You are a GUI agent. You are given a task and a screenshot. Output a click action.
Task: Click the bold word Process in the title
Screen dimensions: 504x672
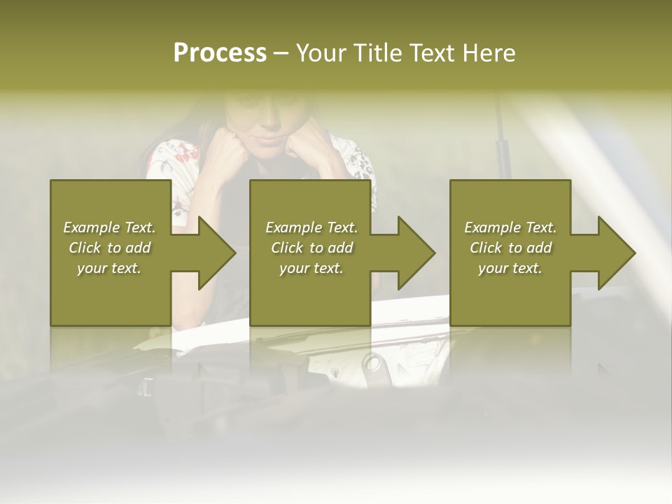[x=220, y=53]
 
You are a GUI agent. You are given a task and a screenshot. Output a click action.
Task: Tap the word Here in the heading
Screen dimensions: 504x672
[x=489, y=53]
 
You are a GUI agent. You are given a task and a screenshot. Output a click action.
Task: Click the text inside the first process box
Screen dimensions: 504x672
[x=110, y=248]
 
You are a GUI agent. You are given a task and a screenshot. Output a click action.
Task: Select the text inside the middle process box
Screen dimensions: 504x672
[x=311, y=248]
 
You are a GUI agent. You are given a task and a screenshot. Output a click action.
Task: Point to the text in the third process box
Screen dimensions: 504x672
[x=510, y=248]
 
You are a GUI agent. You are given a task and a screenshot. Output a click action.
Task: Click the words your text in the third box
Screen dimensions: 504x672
[x=510, y=268]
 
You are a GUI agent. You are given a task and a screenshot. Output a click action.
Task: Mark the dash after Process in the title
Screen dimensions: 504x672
[x=281, y=53]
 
